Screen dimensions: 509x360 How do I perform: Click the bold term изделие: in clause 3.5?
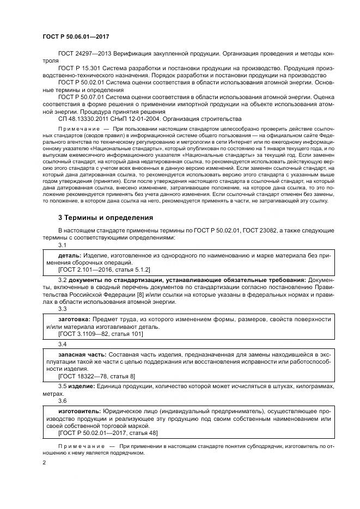click(82, 386)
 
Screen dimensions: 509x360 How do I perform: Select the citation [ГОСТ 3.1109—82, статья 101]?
click(100, 334)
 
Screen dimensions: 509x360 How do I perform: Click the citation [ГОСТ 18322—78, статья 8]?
click(96, 376)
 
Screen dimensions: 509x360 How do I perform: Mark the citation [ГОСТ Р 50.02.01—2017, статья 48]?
click(108, 433)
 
